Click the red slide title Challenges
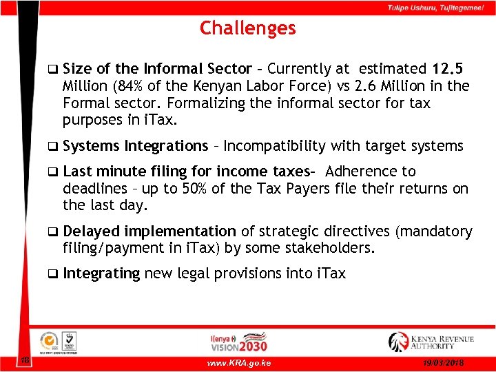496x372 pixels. pyautogui.click(x=247, y=28)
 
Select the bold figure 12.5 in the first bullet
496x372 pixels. pyautogui.click(x=448, y=69)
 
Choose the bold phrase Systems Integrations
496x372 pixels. pyautogui.click(x=135, y=146)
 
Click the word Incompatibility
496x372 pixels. pyautogui.click(x=276, y=146)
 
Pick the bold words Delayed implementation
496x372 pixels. pyautogui.click(x=149, y=231)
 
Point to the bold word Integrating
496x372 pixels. pyautogui.click(x=101, y=273)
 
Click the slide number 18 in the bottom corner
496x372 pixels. pyautogui.click(x=24, y=360)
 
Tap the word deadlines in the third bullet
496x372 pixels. pyautogui.click(x=91, y=189)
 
